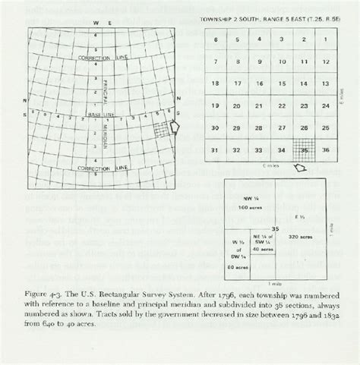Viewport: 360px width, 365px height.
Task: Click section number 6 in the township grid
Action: click(x=217, y=40)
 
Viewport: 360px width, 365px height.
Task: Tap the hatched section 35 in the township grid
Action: click(x=305, y=149)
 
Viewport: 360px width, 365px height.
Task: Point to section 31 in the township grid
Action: click(x=216, y=149)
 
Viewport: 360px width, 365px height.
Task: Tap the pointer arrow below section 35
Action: click(x=300, y=168)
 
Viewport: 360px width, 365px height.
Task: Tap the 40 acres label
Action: click(x=262, y=248)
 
